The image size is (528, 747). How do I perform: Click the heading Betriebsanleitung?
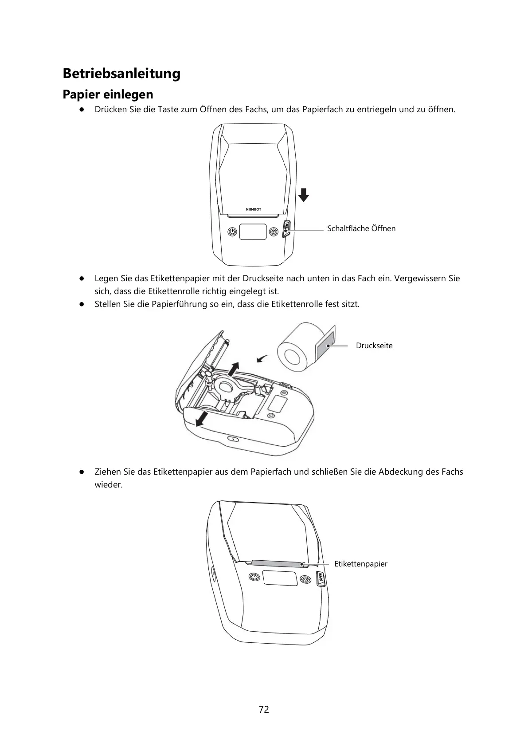121,73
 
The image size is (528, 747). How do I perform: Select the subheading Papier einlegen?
108,94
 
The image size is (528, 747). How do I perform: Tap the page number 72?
264,709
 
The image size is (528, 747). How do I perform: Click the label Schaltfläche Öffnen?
361,229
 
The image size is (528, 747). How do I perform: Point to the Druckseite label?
374,346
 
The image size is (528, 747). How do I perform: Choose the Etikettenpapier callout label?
360,564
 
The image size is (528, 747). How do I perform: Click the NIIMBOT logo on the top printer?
254,209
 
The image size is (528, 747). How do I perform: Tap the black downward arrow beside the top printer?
303,195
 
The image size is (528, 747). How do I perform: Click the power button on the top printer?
232,232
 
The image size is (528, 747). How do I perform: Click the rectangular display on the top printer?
253,232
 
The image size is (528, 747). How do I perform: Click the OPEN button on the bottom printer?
321,578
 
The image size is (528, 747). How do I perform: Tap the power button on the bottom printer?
254,577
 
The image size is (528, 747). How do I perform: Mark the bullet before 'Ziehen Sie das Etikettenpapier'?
82,472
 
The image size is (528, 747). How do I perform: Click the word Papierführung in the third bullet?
179,304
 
